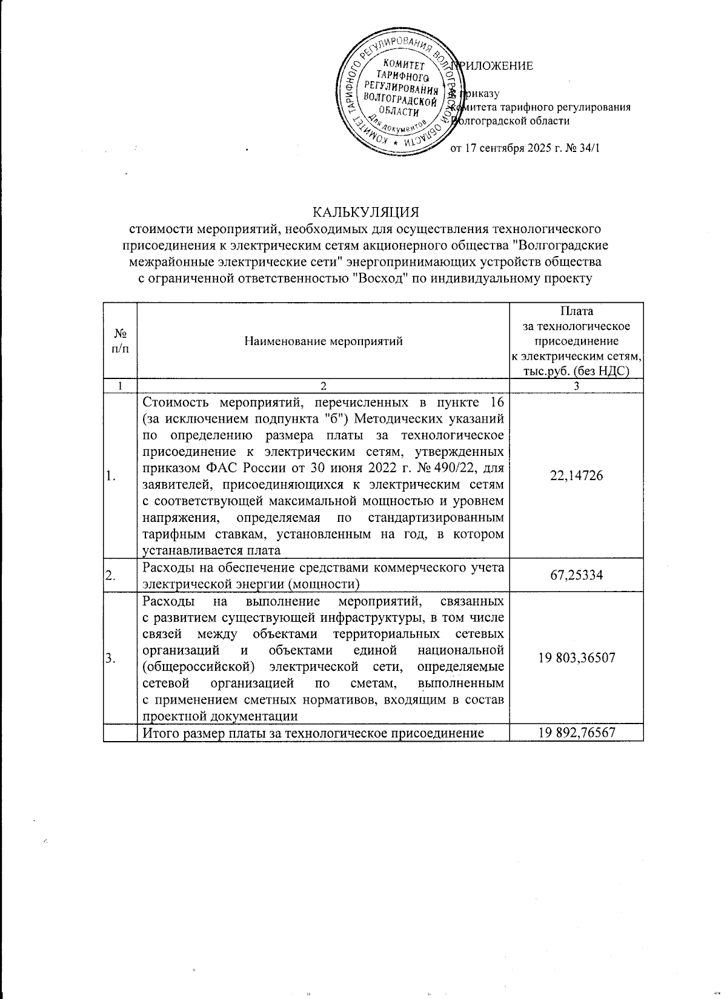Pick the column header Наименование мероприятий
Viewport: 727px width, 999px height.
tap(324, 341)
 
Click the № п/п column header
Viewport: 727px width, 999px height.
tap(120, 341)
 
